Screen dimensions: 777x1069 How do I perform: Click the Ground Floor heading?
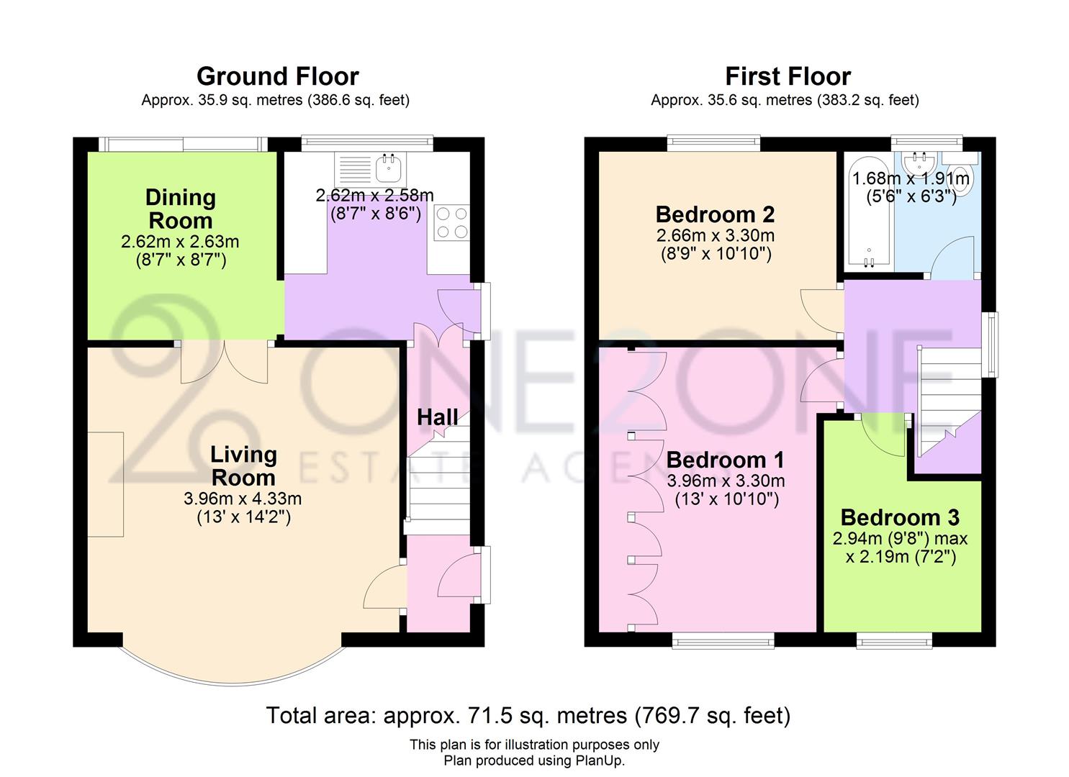[277, 76]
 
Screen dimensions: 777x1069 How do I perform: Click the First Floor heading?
[788, 76]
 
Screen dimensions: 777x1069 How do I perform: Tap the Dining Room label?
[180, 209]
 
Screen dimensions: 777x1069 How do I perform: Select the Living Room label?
[243, 465]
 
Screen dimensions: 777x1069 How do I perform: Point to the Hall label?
[437, 417]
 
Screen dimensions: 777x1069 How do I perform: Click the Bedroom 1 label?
[725, 460]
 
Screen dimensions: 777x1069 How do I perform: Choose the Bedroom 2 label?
[715, 214]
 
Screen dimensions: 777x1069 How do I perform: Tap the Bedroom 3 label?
[900, 517]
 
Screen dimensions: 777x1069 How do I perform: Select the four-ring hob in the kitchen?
[451, 222]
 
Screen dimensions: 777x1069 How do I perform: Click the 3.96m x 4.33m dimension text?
[243, 499]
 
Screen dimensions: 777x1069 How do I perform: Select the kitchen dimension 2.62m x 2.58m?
[375, 195]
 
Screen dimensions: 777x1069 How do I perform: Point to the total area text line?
[528, 715]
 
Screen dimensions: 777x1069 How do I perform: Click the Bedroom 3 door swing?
[882, 435]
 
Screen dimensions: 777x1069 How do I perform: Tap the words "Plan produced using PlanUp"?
[534, 760]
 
